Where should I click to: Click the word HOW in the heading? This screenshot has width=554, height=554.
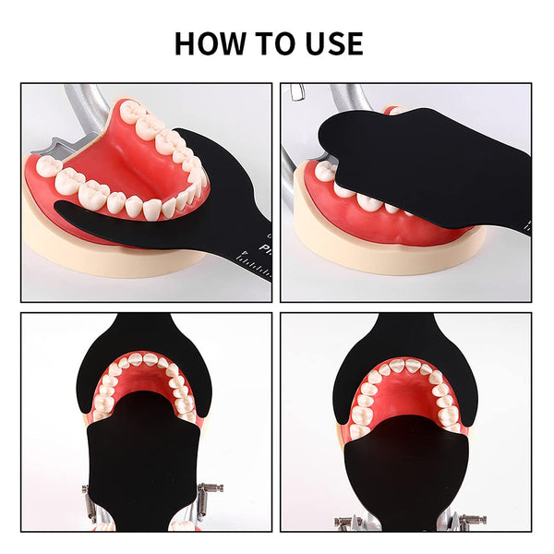210,43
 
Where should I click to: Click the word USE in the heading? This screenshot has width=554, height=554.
330,43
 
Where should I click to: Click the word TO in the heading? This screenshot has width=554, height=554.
271,43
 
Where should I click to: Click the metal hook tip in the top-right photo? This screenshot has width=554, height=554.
295,92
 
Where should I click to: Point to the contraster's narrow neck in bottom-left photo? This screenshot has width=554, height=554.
148,327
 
